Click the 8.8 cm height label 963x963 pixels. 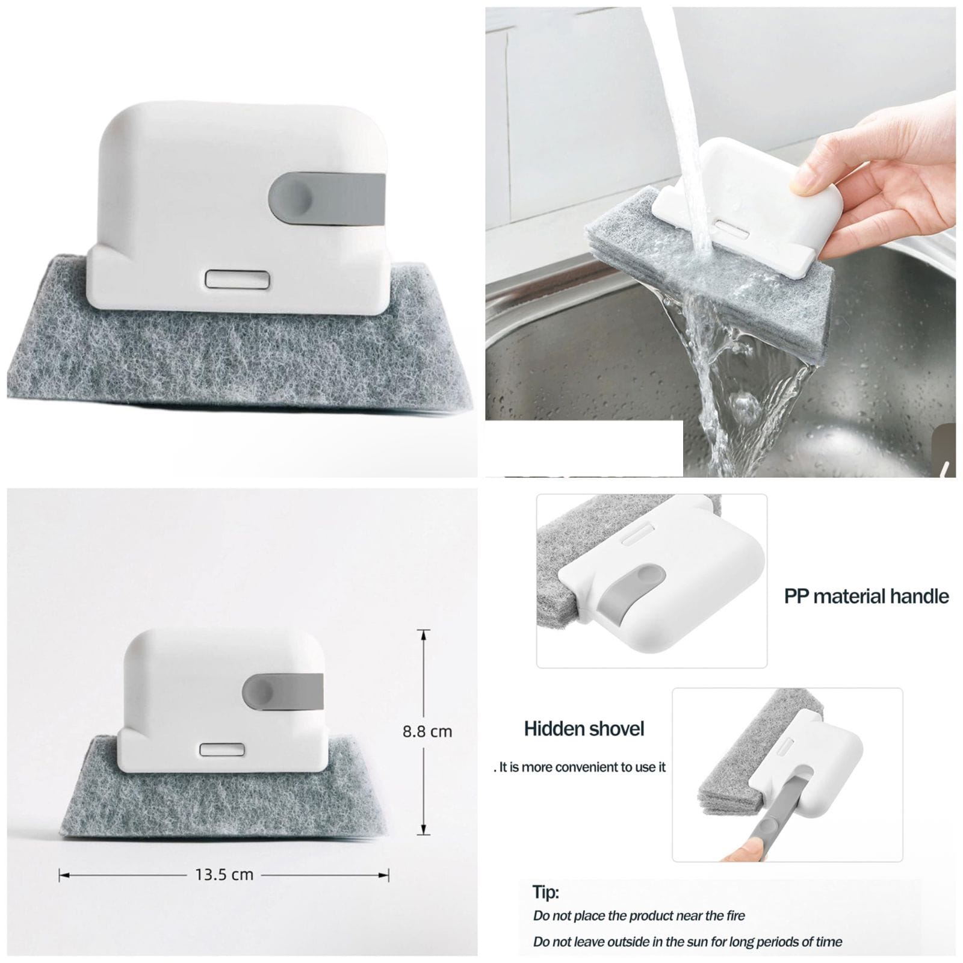click(x=427, y=731)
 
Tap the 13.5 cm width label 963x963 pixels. click(x=224, y=875)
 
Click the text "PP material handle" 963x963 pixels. click(x=866, y=596)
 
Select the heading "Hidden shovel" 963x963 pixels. click(x=584, y=729)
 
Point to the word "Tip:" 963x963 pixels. click(x=545, y=893)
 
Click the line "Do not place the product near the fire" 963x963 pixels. click(x=639, y=916)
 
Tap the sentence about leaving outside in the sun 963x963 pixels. click(x=687, y=942)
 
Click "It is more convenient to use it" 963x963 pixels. click(x=580, y=767)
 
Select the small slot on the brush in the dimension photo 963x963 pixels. click(x=222, y=750)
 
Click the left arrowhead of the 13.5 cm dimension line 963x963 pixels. click(x=63, y=875)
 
